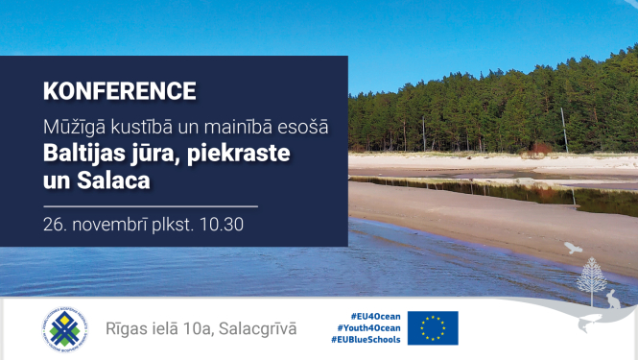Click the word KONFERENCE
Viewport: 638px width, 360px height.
pyautogui.click(x=120, y=92)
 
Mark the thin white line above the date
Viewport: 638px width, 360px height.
pyautogui.click(x=150, y=205)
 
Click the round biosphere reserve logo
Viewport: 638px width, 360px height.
pyautogui.click(x=65, y=328)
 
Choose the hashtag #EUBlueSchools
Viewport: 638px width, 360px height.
pyautogui.click(x=366, y=340)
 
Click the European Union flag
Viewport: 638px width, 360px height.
pyautogui.click(x=433, y=328)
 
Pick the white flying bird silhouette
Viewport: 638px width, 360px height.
pyautogui.click(x=573, y=248)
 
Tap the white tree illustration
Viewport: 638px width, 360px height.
pyautogui.click(x=591, y=278)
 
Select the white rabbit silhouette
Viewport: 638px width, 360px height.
pyautogui.click(x=611, y=300)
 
